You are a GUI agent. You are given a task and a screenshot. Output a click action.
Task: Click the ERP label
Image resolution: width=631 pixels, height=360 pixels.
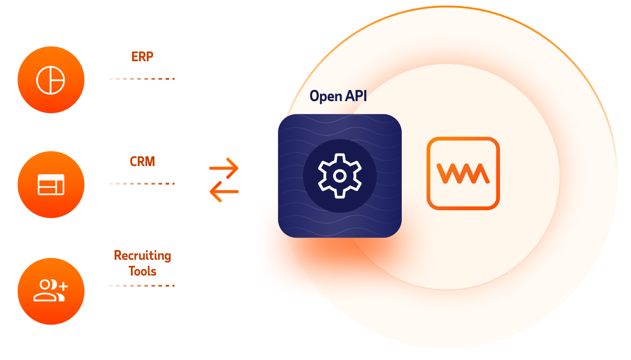click(x=142, y=57)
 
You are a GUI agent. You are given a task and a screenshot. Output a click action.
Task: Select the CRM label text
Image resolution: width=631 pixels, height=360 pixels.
click(x=142, y=161)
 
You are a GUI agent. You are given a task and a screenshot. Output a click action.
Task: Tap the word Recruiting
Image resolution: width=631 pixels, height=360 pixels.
click(x=142, y=256)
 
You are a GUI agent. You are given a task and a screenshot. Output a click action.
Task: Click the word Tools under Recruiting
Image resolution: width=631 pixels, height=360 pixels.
click(x=142, y=271)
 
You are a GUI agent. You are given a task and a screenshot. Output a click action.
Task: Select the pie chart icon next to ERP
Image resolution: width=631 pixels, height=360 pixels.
click(x=51, y=80)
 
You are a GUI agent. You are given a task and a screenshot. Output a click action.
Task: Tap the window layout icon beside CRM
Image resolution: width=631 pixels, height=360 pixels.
click(x=51, y=185)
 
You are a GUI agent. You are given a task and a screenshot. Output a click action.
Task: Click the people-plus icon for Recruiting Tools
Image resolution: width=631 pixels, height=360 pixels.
click(x=51, y=290)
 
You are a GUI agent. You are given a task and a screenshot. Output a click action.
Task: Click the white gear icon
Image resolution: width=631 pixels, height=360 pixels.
click(x=340, y=176)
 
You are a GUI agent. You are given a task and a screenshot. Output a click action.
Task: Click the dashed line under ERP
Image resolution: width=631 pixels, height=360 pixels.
click(x=139, y=79)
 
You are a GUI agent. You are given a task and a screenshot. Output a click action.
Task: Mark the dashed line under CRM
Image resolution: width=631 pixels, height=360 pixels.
click(x=139, y=184)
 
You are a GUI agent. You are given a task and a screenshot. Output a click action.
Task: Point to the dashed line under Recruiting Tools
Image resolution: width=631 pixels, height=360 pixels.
click(x=139, y=286)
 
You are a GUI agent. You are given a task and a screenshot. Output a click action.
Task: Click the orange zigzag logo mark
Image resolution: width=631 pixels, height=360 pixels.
click(x=463, y=173)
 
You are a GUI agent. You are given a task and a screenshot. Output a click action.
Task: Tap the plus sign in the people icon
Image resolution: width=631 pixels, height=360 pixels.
click(x=63, y=286)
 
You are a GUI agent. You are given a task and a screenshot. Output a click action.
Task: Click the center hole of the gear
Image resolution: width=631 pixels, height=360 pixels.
click(x=340, y=176)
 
